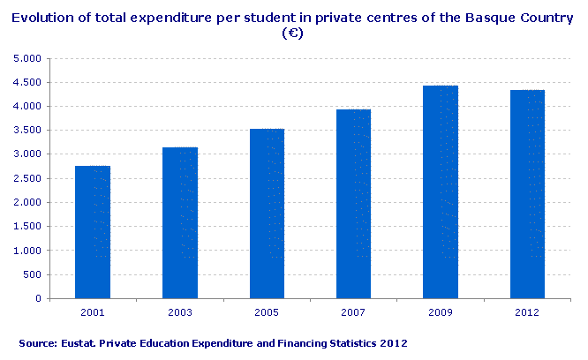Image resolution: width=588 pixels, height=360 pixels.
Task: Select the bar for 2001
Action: [x=93, y=232]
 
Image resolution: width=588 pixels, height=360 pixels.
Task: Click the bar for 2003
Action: [x=180, y=222]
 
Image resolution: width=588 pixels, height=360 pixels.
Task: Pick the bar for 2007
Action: [x=354, y=204]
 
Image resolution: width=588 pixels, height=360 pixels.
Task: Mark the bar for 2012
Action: [x=528, y=194]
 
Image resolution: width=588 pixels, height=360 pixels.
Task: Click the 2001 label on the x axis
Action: [x=93, y=312]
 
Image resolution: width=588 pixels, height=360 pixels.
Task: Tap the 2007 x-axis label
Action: [x=354, y=312]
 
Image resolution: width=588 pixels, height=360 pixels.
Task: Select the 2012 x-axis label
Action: [x=528, y=312]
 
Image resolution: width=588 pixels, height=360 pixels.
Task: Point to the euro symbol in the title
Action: [x=293, y=34]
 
